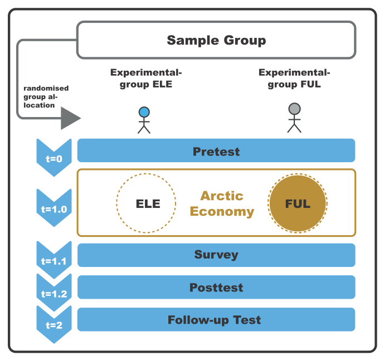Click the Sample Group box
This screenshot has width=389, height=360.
pyautogui.click(x=216, y=40)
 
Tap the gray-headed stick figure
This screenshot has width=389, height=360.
pyautogui.click(x=294, y=117)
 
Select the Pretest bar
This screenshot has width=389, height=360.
pyautogui.click(x=216, y=151)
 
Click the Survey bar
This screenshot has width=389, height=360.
pyautogui.click(x=216, y=255)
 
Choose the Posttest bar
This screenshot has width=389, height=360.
pyautogui.click(x=216, y=288)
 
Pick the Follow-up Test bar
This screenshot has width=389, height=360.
pyautogui.click(x=216, y=320)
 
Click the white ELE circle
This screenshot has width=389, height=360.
pyautogui.click(x=146, y=203)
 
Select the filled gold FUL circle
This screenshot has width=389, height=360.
pyautogui.click(x=298, y=203)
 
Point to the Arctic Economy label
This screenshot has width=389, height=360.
pyautogui.click(x=222, y=203)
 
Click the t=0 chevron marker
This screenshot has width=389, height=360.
pyautogui.click(x=54, y=157)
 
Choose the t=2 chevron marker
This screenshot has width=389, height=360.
pyautogui.click(x=54, y=323)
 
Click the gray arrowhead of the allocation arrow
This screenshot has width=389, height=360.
pyautogui.click(x=70, y=118)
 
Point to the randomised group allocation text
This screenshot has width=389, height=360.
pyautogui.click(x=45, y=96)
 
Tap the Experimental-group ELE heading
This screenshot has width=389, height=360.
pyautogui.click(x=146, y=79)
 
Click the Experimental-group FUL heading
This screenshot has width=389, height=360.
pyautogui.click(x=294, y=79)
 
